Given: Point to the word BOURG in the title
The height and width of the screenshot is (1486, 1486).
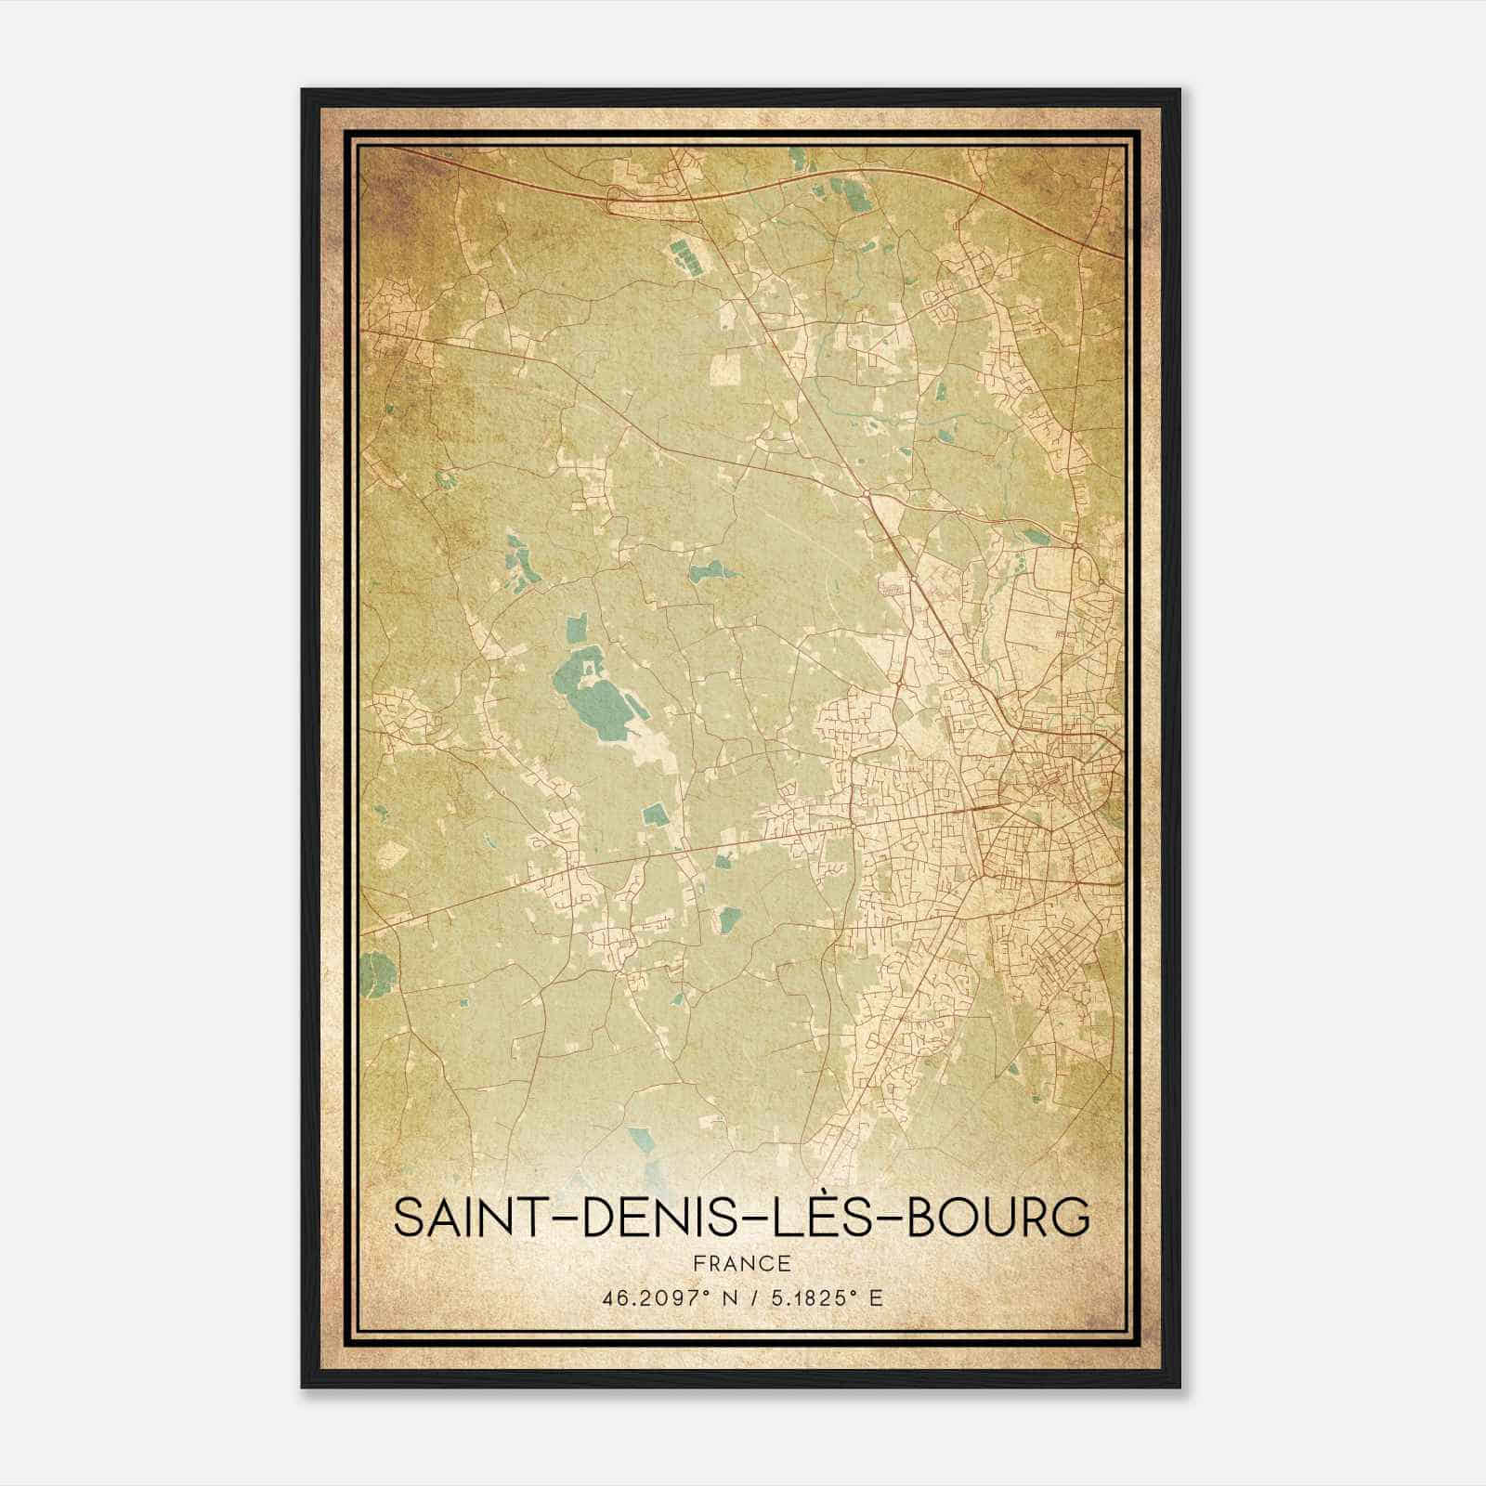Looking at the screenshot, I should point(997,1219).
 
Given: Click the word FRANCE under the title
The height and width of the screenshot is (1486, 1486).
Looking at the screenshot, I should point(742,1264).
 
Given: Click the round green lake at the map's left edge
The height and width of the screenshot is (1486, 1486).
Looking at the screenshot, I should point(374,972).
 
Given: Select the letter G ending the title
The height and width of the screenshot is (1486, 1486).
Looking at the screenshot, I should point(1072,1219).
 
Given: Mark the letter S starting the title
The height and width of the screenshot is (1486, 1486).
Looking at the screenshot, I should point(408,1219).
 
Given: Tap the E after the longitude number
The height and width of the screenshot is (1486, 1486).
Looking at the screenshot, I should point(876,1298).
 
